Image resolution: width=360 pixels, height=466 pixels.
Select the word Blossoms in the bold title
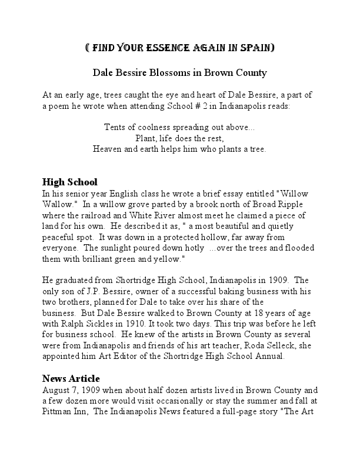click(177, 74)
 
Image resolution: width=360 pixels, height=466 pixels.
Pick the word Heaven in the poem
click(107, 149)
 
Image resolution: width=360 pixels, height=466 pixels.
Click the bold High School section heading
click(70, 182)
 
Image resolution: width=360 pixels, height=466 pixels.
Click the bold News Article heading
click(71, 378)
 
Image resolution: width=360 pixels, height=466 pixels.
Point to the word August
click(58, 390)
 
